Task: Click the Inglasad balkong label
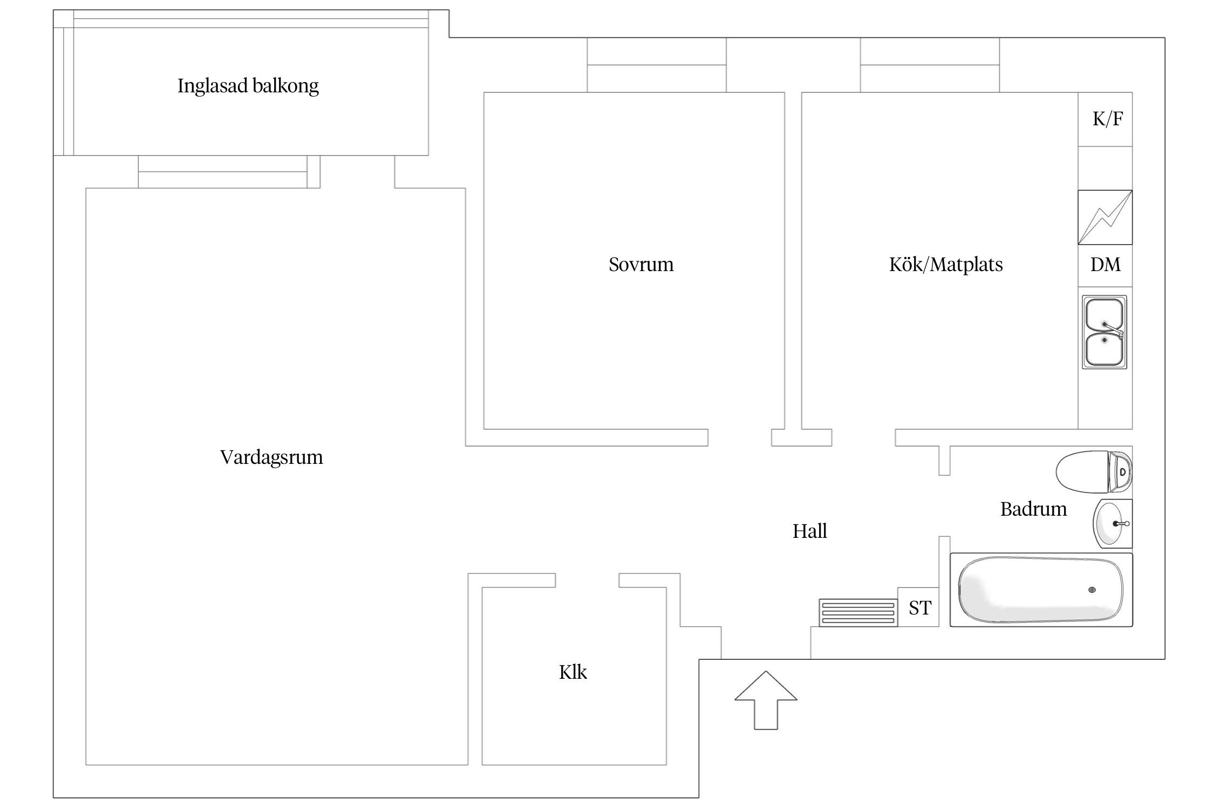(248, 86)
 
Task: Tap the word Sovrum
(641, 265)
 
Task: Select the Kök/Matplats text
(945, 265)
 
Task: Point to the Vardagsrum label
(271, 457)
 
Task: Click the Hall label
(809, 531)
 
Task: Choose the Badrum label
(1033, 509)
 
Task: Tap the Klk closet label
(572, 672)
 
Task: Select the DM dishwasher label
(1105, 265)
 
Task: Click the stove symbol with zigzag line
(1105, 217)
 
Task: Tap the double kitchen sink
(1104, 332)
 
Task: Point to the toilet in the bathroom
(1093, 472)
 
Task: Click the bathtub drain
(1092, 590)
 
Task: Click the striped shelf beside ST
(858, 613)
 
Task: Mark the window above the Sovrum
(656, 65)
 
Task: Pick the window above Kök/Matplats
(930, 65)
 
